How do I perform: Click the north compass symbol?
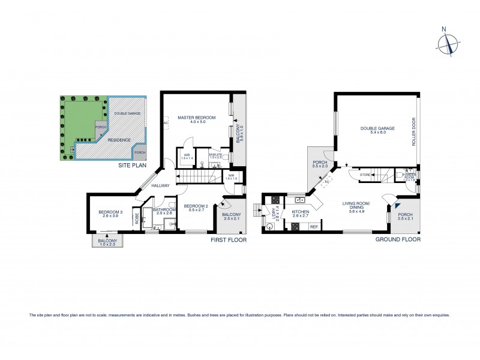[x=448, y=43]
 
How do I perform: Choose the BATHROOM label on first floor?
[x=164, y=209]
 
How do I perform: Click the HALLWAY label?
[x=161, y=186]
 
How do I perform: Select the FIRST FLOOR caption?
[x=228, y=239]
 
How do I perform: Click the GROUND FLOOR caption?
[x=398, y=239]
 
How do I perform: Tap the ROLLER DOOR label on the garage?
[x=413, y=136]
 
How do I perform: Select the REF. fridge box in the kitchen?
[x=313, y=227]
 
